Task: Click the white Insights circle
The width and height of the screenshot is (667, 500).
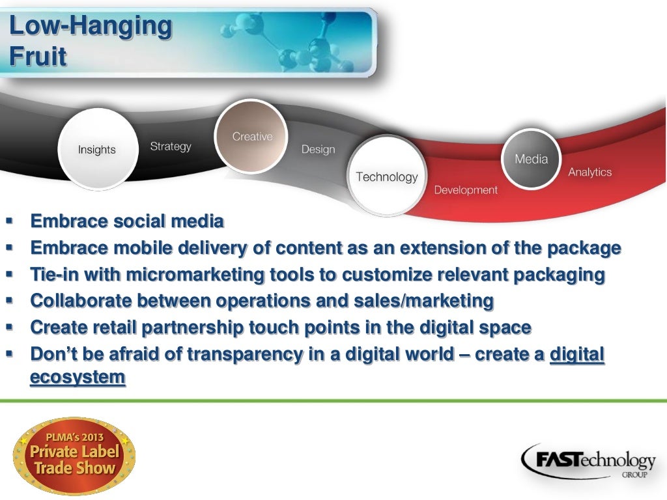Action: [x=98, y=149]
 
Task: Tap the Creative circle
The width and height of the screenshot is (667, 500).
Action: [x=251, y=136]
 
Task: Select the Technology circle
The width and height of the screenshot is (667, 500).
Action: [x=386, y=176]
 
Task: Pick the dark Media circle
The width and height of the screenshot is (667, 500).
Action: [x=531, y=159]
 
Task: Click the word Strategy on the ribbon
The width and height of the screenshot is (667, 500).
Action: [x=171, y=146]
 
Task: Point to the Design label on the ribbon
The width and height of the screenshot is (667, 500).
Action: [x=318, y=150]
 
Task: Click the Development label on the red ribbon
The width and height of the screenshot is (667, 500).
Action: [x=465, y=190]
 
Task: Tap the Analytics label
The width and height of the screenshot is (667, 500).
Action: [x=589, y=172]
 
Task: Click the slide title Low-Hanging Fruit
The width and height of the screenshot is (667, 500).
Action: [x=91, y=42]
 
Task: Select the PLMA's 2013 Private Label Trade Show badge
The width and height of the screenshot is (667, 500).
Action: [x=74, y=455]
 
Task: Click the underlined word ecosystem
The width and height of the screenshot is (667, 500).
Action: [x=78, y=378]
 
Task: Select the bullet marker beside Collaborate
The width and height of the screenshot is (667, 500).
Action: [x=10, y=301]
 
